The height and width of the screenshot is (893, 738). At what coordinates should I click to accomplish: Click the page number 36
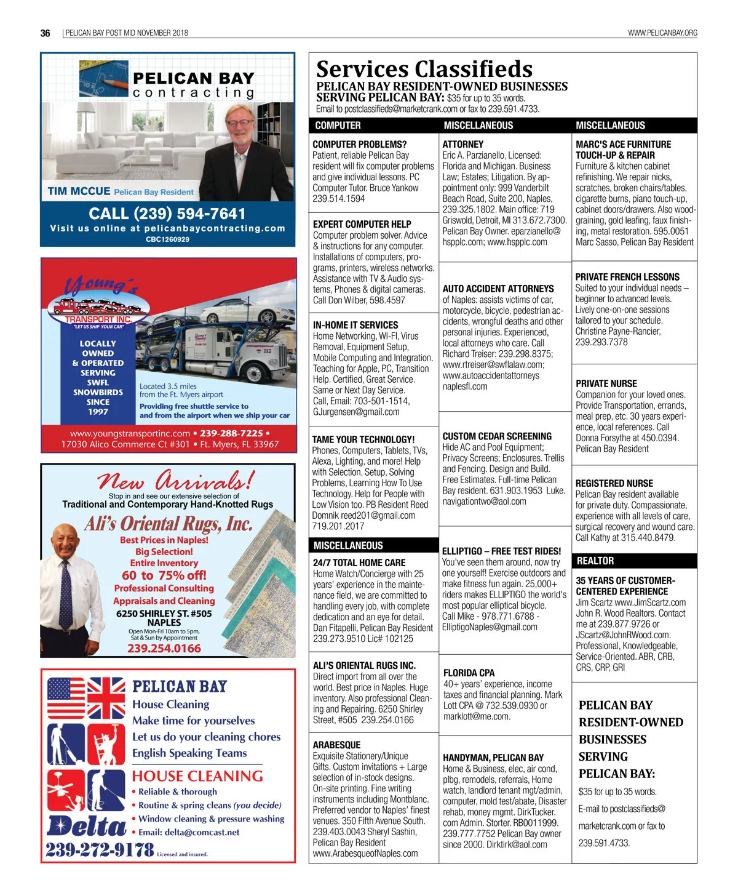point(45,33)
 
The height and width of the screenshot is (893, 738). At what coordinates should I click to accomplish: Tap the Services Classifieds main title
point(424,69)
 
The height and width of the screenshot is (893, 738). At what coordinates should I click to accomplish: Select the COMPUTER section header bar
point(338,126)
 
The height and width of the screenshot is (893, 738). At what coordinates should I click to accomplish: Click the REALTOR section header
point(595,561)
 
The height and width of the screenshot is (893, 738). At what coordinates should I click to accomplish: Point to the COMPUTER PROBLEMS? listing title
point(359,145)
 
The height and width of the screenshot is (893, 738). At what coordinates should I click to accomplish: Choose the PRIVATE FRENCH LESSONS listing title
point(627,277)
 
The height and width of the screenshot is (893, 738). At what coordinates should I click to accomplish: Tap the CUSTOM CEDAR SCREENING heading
point(497,436)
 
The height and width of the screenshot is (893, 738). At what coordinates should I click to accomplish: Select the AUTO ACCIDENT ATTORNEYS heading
point(498,289)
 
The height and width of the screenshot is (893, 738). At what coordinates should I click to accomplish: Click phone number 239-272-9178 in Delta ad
point(100,850)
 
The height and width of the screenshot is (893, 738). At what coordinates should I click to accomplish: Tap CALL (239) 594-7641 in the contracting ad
point(167,214)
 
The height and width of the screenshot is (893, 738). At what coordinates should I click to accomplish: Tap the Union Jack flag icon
point(107,698)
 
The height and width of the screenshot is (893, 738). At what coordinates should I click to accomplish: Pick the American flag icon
point(66,698)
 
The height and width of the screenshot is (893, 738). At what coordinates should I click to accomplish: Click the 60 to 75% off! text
point(164,575)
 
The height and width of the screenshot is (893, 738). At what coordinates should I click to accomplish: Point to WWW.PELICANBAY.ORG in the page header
point(662,33)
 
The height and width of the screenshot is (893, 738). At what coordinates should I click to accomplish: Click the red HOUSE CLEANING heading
point(197,776)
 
